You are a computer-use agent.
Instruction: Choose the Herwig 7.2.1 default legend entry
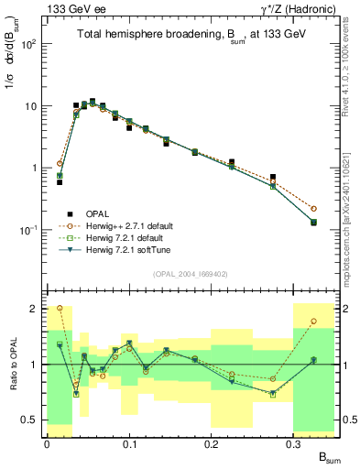123,237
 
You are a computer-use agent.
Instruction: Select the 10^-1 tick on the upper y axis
31,230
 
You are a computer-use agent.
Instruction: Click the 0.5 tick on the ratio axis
35,420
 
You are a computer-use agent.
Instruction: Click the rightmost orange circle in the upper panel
313,209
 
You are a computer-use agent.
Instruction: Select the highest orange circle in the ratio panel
60,309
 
